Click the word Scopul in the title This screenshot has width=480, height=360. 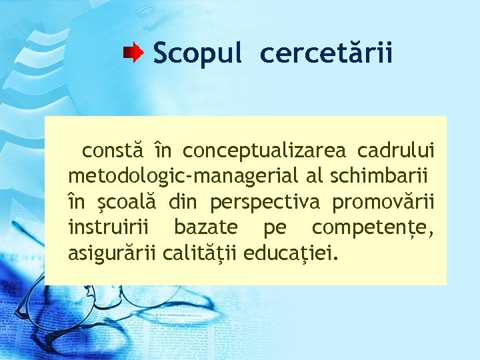(197, 53)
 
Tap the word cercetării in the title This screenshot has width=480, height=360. (327, 53)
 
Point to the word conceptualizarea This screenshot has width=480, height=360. (265, 152)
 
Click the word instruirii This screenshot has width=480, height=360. (110, 227)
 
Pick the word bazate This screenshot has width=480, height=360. (206, 227)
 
